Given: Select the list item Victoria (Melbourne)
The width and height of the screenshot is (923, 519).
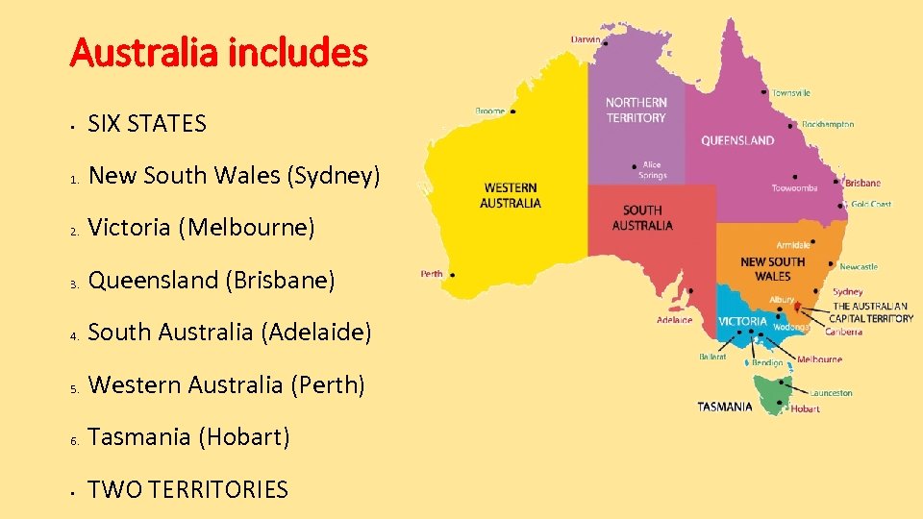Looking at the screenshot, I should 201,228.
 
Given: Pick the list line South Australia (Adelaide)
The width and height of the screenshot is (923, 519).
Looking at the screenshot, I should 229,333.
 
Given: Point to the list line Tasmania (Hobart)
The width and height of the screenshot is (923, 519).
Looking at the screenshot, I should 188,437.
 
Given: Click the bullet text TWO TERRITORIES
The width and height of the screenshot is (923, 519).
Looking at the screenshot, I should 187,489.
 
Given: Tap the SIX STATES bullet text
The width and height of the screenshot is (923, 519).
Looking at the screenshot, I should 147,123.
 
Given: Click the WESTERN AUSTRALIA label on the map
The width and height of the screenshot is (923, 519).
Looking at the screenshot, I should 511,195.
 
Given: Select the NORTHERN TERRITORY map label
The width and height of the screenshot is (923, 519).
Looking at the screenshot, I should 636,110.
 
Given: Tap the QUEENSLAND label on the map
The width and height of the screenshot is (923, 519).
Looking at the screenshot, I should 737,140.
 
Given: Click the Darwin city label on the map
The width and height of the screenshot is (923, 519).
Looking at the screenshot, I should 586,40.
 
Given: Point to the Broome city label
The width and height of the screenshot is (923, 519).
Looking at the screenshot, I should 489,111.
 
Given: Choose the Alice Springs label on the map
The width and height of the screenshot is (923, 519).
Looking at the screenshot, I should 652,170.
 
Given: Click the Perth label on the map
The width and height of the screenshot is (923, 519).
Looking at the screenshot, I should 432,274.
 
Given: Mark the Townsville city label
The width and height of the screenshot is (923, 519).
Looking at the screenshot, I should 791,93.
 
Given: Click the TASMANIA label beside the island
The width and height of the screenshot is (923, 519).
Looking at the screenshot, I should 725,407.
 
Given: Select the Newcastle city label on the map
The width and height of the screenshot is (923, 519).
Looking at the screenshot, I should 858,266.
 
